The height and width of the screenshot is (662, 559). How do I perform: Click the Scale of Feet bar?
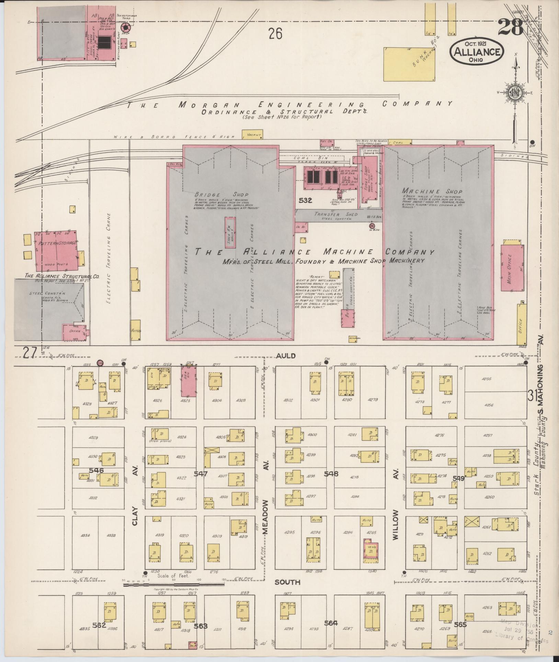point(173,581)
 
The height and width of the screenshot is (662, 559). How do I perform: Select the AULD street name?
point(286,356)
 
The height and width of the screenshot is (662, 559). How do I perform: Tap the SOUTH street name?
point(287,582)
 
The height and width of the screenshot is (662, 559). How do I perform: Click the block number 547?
point(201,474)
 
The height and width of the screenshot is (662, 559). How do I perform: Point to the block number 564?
point(331,623)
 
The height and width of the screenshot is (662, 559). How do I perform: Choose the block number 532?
point(305,200)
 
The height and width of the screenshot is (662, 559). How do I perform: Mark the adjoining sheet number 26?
point(275,34)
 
